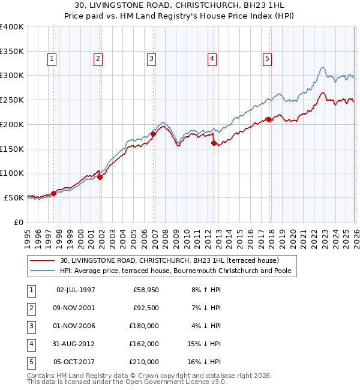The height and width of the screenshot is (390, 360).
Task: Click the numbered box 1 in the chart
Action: (53, 59)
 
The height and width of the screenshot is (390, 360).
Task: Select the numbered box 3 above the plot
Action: (151, 59)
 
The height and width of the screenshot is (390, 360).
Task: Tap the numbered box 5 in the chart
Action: (266, 59)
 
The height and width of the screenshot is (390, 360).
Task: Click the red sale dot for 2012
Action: (214, 143)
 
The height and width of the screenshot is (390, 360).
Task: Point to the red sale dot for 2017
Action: (268, 119)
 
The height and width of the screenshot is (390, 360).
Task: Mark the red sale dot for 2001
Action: (100, 176)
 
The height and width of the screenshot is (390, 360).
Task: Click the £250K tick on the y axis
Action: (12, 100)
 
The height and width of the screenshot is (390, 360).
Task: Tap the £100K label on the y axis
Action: (12, 173)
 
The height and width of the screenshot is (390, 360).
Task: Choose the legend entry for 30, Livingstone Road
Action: (169, 260)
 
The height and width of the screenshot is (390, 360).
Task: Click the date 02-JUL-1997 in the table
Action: (76, 290)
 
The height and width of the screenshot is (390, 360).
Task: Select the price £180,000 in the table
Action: (144, 326)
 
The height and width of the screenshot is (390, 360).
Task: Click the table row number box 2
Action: (30, 308)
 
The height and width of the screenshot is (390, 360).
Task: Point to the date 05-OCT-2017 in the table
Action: (76, 362)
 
